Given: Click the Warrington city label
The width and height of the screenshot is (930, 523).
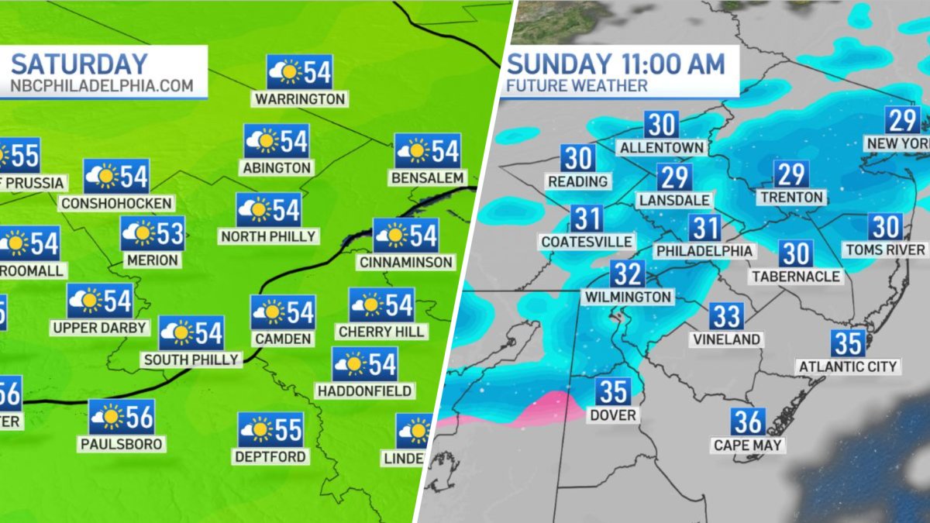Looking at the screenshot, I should coord(300,99).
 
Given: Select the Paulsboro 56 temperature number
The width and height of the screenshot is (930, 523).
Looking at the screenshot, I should coord(139,418).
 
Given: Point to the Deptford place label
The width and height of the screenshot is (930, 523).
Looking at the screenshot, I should coord(271,456).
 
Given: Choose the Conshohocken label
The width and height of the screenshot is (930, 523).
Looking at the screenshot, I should coord(116,203).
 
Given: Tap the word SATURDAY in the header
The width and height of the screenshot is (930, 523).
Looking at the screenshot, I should coord(79,64).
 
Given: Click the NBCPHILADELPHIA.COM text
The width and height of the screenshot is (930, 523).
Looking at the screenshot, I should coord(101,85).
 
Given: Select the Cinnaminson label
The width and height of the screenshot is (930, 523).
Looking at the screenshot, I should coord(405,262).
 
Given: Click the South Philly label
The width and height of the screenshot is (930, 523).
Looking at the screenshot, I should coord(191,360).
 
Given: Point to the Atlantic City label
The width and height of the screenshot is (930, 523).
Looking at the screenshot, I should coord(848,366).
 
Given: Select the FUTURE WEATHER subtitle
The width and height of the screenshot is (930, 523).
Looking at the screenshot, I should coord(577,86).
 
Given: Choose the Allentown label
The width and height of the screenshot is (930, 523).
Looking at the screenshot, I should coord(661,147).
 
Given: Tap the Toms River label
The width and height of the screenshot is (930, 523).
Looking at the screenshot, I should coord(885,249).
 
